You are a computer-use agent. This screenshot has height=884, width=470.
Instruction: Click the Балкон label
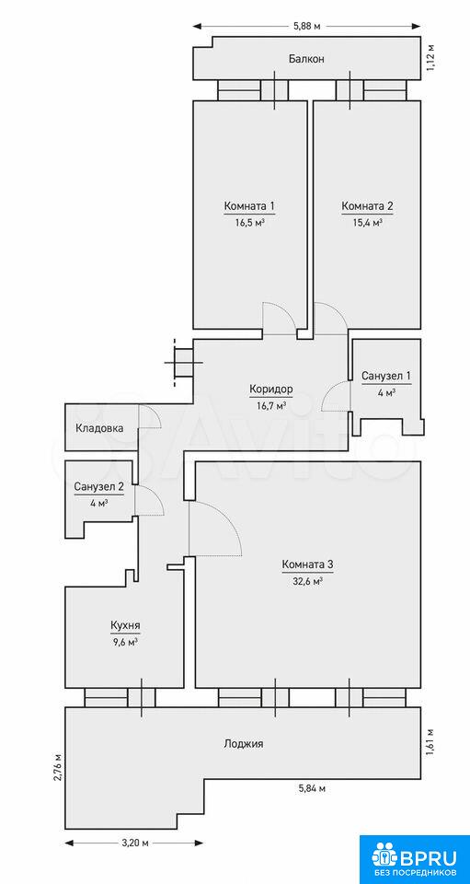[307, 59]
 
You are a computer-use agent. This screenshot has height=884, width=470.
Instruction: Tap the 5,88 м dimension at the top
[305, 26]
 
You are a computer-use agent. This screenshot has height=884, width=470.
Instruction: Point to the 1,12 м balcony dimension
[431, 58]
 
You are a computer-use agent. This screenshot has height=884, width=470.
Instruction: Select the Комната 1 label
[249, 206]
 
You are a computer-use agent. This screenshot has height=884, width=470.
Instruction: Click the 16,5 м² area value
[250, 222]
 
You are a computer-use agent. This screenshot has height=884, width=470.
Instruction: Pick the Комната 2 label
[367, 206]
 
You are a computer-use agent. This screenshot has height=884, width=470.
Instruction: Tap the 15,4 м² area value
[367, 222]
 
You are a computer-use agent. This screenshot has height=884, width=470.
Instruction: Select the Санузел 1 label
[386, 376]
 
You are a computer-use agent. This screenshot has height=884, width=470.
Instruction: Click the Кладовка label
[99, 428]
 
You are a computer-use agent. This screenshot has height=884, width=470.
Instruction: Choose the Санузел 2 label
[99, 486]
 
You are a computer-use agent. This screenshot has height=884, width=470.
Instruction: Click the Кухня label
[125, 625]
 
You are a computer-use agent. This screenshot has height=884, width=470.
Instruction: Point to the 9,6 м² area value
[125, 642]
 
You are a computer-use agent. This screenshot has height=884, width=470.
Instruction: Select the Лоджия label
[243, 744]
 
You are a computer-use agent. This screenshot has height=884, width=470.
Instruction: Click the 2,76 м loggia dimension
[56, 765]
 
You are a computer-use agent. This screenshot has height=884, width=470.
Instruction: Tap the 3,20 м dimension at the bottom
[134, 843]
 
